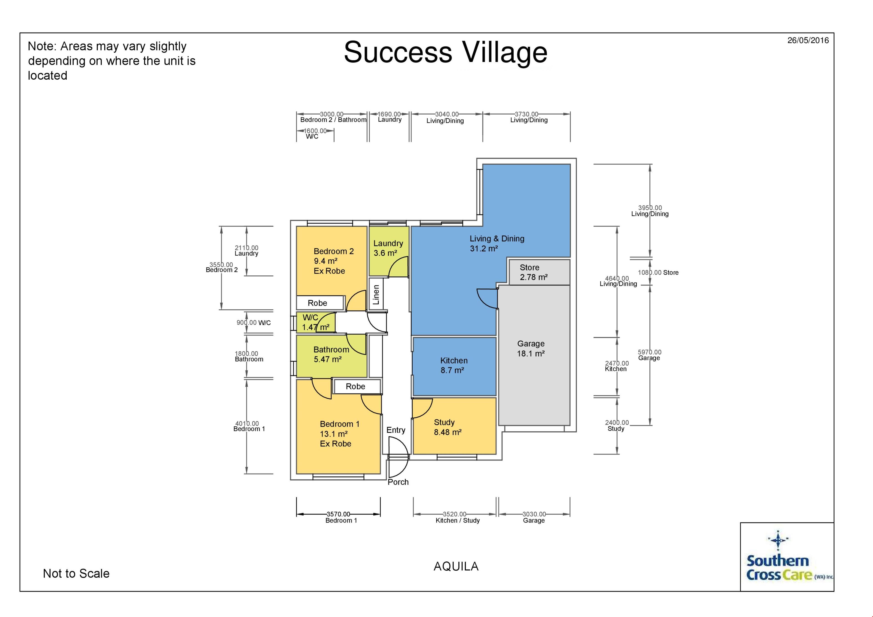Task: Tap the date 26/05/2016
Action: click(x=808, y=40)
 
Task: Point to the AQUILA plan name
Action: click(x=456, y=567)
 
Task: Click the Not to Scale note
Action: click(x=76, y=573)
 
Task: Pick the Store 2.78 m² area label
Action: click(x=533, y=272)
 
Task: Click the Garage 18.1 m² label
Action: click(x=531, y=348)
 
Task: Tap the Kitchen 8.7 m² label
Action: click(x=454, y=365)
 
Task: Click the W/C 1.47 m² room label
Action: click(x=315, y=322)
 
